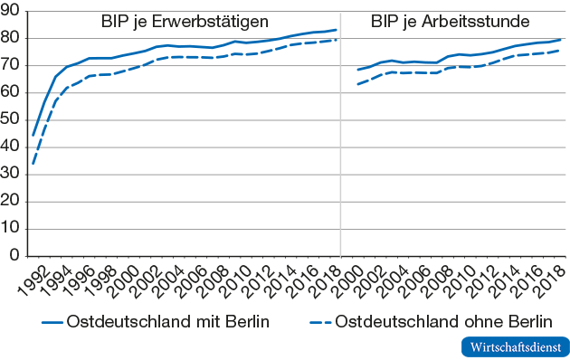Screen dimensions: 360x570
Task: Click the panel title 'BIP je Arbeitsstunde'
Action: pos(451,21)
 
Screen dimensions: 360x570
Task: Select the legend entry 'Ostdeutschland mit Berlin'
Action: pos(167,321)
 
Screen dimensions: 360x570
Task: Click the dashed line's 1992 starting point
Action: pos(33,164)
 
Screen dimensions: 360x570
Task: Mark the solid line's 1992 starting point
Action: pos(33,135)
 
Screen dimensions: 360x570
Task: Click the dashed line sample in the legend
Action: pos(318,321)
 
